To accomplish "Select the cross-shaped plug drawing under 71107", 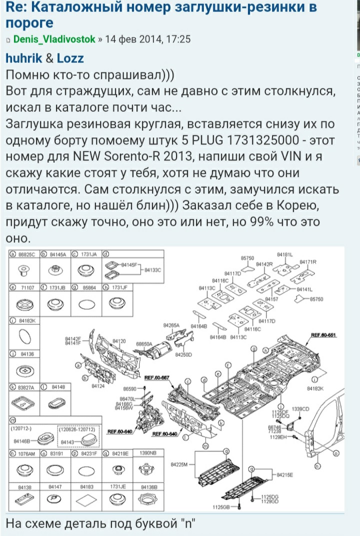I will pos(23,304).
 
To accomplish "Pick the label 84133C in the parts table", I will pos(153,270).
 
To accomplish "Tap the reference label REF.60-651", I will pos(322,334).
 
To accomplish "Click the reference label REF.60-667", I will pos(157,377).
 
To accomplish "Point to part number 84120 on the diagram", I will pos(119,341).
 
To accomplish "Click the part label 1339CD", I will pos(300,409).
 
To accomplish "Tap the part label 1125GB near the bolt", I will pos(221,508).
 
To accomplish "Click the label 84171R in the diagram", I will pos(308,262).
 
